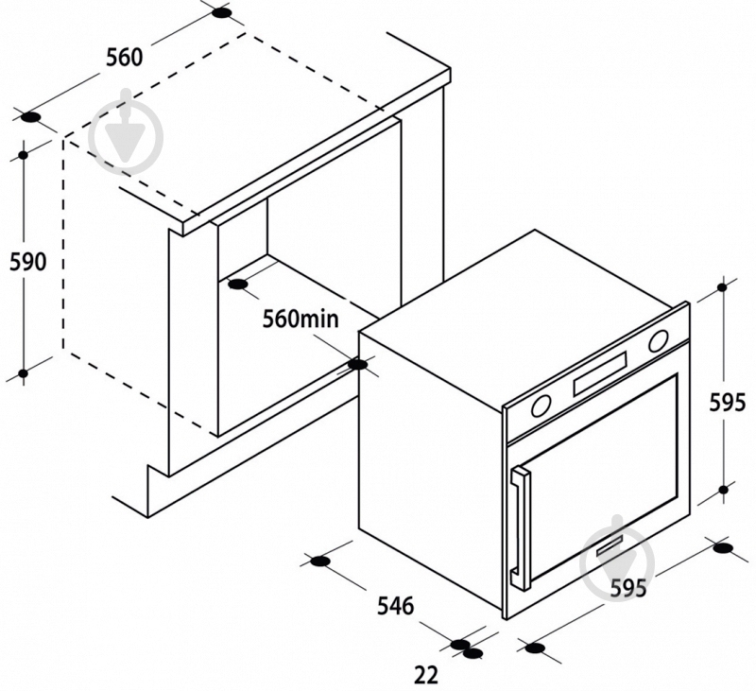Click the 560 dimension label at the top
(125, 58)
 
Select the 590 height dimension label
(28, 261)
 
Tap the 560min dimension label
(301, 319)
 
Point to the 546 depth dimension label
(395, 606)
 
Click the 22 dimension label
(426, 675)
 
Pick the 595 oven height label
(727, 402)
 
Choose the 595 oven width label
(628, 588)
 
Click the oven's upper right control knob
(658, 341)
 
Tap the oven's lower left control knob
(541, 406)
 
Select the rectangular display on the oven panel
(600, 374)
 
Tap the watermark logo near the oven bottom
(618, 556)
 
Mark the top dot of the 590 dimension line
(23, 155)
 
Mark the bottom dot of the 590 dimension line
(23, 373)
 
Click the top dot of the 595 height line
(722, 287)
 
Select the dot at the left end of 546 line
(319, 561)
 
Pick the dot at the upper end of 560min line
(237, 285)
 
